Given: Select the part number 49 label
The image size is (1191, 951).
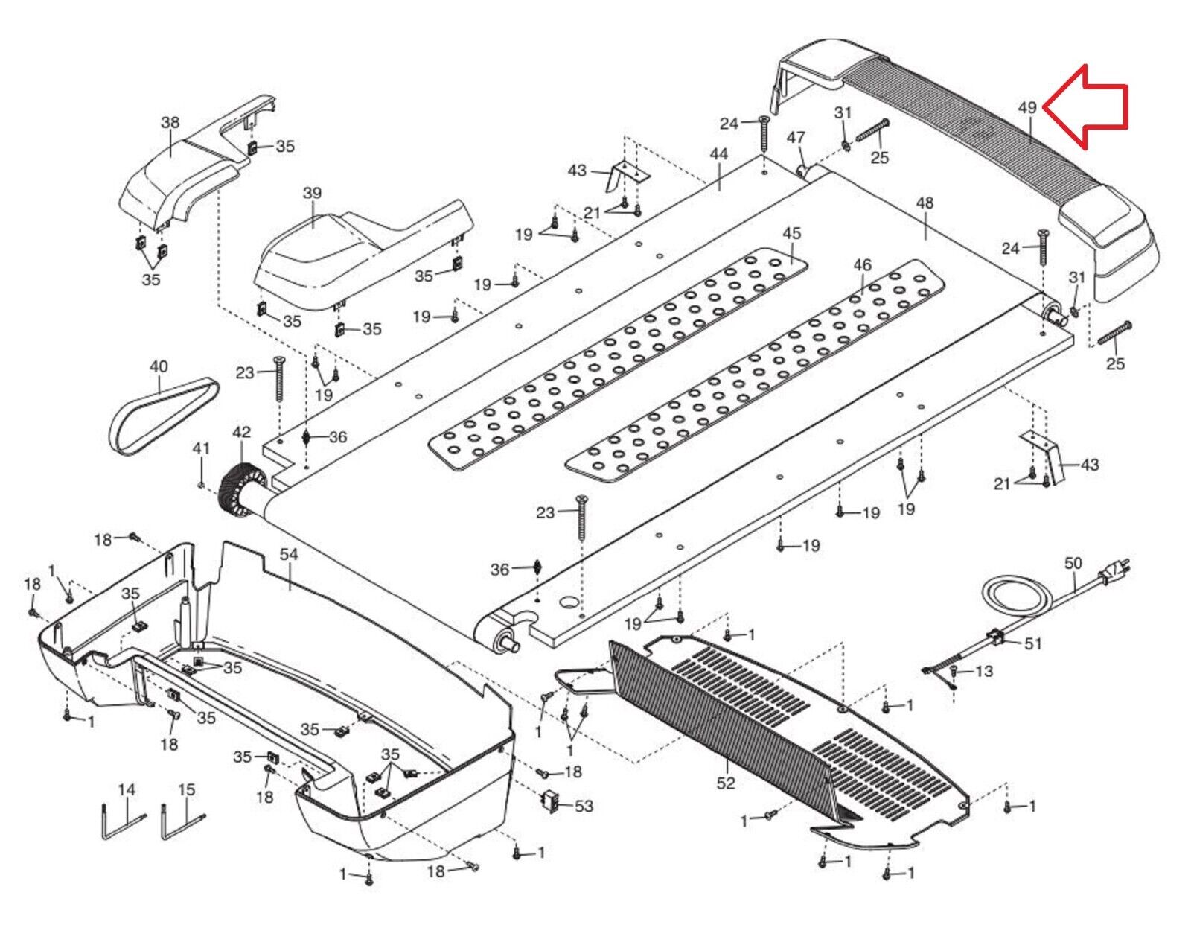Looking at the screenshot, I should click(1027, 107).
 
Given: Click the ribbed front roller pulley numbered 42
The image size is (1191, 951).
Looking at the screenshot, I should click(240, 489).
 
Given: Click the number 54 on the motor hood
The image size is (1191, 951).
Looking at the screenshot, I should click(288, 554).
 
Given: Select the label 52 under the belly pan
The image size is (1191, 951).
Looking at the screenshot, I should click(726, 783).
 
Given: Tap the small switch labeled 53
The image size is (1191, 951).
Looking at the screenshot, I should click(550, 802).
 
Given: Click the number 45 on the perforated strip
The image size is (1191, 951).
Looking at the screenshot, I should click(791, 233).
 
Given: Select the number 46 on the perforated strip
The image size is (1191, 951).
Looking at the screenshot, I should click(862, 265).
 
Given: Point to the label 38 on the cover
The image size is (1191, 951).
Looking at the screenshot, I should click(170, 123).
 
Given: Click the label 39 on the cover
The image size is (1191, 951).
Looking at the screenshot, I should click(312, 194).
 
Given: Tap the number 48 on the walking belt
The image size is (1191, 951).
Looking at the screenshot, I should click(925, 203).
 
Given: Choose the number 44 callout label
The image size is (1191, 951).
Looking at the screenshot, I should click(718, 154).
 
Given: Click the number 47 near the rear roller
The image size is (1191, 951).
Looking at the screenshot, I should click(796, 137).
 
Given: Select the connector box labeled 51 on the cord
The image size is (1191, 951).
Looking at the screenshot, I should click(995, 638).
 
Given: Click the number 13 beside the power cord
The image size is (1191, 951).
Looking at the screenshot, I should click(983, 672).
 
